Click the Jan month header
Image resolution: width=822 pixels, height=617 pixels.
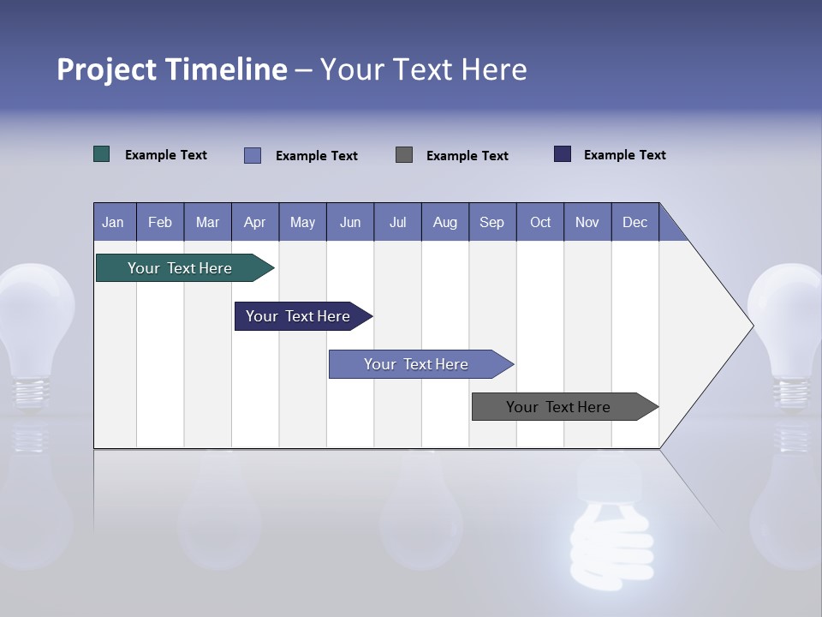tap(114, 222)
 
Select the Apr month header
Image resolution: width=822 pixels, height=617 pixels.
tap(255, 222)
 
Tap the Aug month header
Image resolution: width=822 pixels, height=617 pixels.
tap(445, 222)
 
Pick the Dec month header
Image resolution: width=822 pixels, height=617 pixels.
tap(635, 222)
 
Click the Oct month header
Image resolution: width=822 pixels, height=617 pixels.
tap(540, 222)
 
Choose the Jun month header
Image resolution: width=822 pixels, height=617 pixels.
tap(350, 222)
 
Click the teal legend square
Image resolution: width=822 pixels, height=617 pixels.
tap(102, 154)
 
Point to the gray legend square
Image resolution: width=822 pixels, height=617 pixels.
tap(404, 154)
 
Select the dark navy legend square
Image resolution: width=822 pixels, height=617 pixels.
tap(563, 154)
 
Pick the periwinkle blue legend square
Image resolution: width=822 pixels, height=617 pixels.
tap(253, 155)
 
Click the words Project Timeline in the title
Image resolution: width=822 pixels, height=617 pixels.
tap(171, 69)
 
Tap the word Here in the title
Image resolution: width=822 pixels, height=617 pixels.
tap(494, 69)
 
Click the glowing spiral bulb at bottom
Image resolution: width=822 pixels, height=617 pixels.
tap(610, 531)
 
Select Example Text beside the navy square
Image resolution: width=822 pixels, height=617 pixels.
tap(624, 155)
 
